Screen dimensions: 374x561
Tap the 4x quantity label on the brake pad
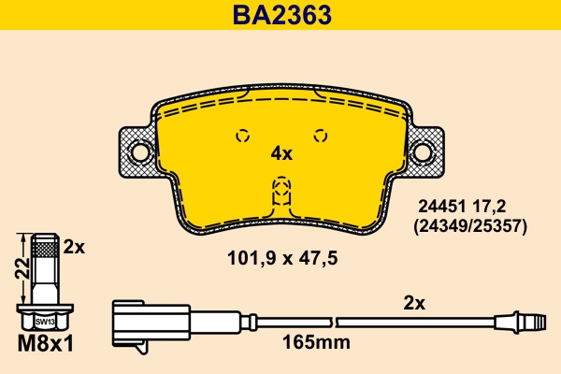pyautogui.click(x=280, y=153)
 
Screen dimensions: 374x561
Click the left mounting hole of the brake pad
pyautogui.click(x=139, y=151)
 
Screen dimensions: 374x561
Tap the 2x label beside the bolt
pyautogui.click(x=74, y=247)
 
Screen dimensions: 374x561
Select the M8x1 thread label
pyautogui.click(x=45, y=343)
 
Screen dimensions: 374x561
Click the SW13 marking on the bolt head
pyautogui.click(x=45, y=321)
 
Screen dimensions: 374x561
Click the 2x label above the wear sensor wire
pyautogui.click(x=414, y=303)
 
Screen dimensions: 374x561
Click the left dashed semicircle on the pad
pyautogui.click(x=242, y=135)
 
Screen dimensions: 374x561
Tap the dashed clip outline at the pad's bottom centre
pyautogui.click(x=280, y=193)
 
